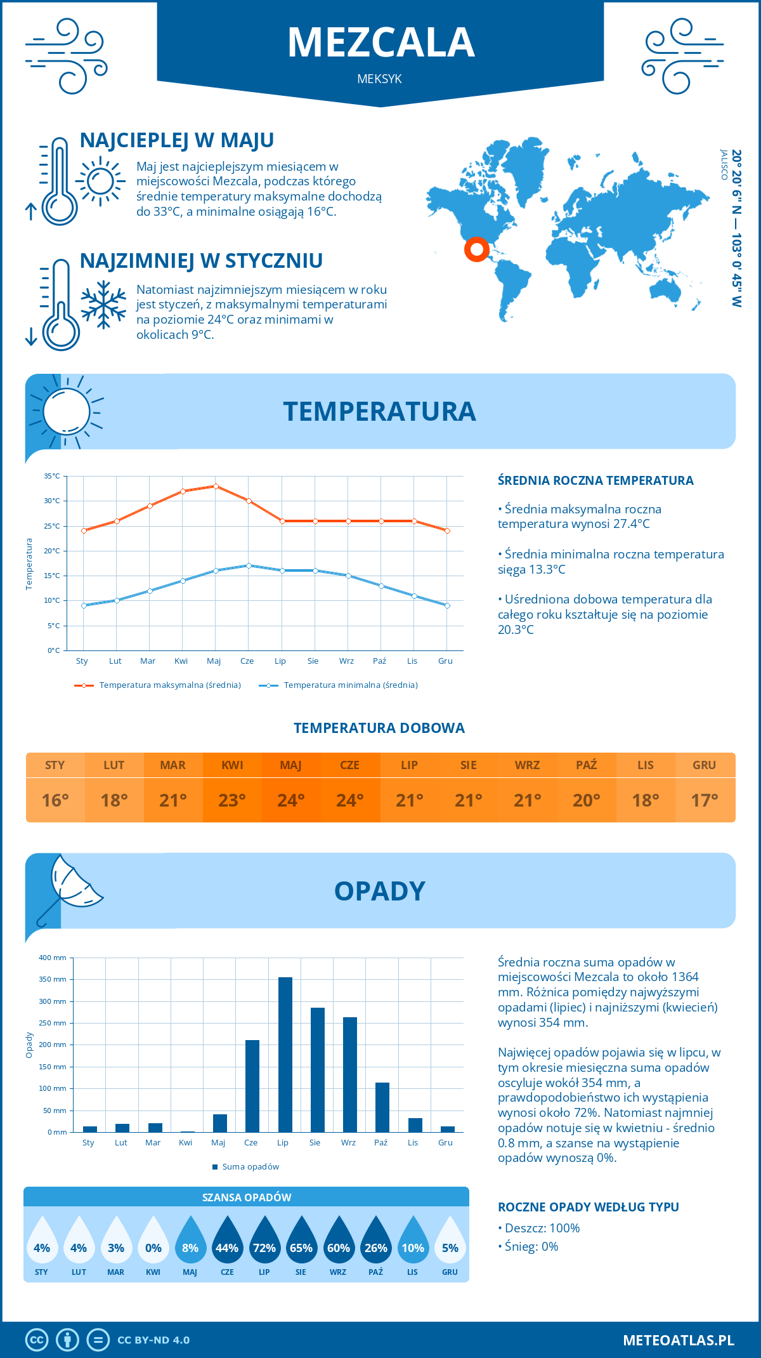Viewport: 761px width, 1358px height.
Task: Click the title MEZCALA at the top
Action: point(380,43)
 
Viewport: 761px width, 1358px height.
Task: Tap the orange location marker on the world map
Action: point(476,249)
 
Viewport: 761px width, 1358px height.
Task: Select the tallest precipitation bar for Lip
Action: point(285,1054)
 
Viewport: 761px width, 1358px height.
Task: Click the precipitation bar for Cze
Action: point(252,1086)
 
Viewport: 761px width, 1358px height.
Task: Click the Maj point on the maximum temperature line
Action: point(216,486)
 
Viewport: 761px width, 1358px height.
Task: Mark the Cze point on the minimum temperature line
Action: point(249,565)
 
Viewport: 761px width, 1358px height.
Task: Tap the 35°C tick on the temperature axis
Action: point(52,476)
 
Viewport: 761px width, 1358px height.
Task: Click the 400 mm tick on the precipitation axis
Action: point(53,958)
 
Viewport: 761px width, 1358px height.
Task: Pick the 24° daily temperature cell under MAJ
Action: point(291,800)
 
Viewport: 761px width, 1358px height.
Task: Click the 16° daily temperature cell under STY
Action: point(55,800)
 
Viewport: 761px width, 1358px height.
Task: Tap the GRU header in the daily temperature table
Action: point(704,765)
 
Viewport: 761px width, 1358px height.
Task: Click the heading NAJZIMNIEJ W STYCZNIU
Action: point(201,261)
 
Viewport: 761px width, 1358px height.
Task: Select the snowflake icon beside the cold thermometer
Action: point(103,305)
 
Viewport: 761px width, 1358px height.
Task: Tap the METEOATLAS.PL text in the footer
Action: point(678,1340)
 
